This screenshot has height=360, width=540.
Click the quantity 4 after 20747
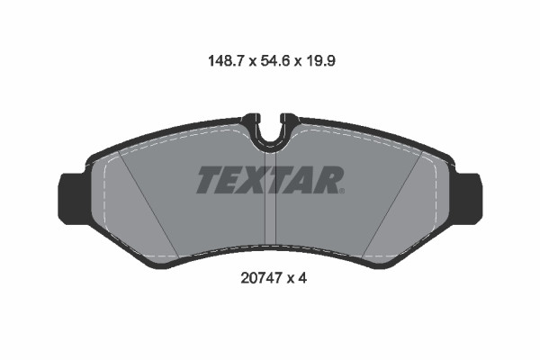304,279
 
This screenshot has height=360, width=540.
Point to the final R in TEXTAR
327,180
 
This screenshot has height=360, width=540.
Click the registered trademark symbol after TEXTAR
342,191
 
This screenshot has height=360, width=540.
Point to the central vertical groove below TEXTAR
268,220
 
